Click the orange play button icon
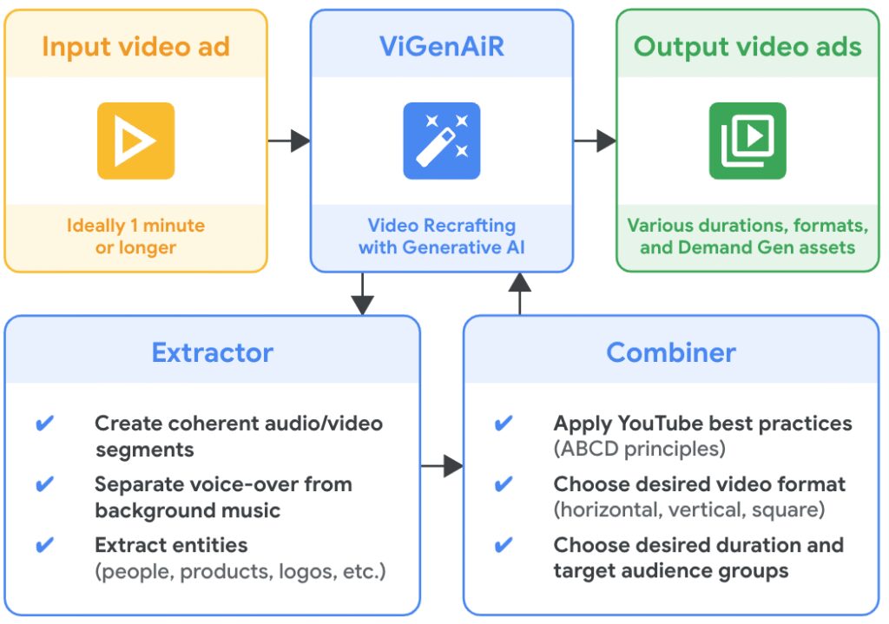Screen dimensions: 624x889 click(x=135, y=141)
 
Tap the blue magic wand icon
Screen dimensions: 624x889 click(x=441, y=141)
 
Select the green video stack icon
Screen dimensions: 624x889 click(x=747, y=141)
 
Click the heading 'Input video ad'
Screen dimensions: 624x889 click(x=135, y=46)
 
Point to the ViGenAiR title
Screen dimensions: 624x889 click(x=441, y=46)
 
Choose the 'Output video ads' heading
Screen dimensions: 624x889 click(x=747, y=46)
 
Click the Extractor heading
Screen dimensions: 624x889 click(x=212, y=352)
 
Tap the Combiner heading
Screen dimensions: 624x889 click(x=671, y=352)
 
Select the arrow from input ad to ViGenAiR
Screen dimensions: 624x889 click(x=288, y=141)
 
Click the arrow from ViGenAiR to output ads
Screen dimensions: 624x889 click(x=595, y=141)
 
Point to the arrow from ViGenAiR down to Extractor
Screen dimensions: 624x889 click(x=363, y=294)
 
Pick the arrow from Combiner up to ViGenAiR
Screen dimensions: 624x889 click(x=519, y=292)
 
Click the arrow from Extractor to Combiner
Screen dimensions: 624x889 click(x=442, y=467)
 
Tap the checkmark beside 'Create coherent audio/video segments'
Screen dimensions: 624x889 click(x=44, y=424)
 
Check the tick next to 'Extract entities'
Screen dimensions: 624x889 click(x=44, y=545)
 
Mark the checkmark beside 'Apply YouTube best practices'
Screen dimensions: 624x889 click(x=503, y=424)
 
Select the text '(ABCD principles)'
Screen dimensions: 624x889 click(x=639, y=450)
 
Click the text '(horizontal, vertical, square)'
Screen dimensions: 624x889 click(x=689, y=509)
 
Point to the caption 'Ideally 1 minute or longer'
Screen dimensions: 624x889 click(x=135, y=236)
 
